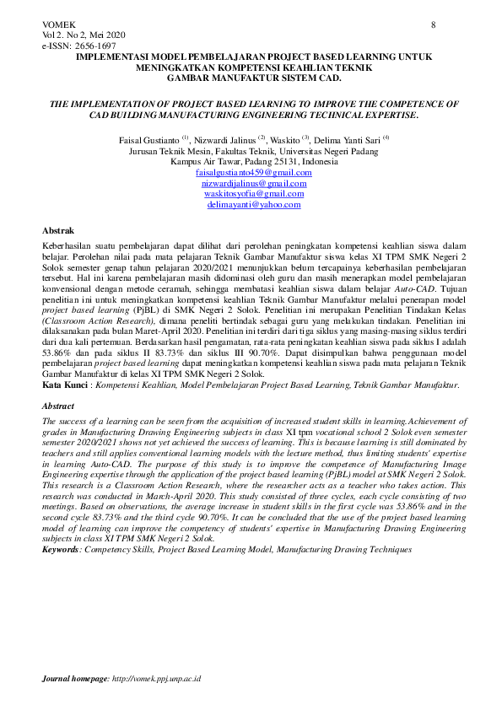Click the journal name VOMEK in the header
[57, 24]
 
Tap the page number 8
[434, 24]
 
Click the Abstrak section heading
[58, 230]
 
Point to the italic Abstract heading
[59, 406]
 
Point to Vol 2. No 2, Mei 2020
[84, 35]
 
